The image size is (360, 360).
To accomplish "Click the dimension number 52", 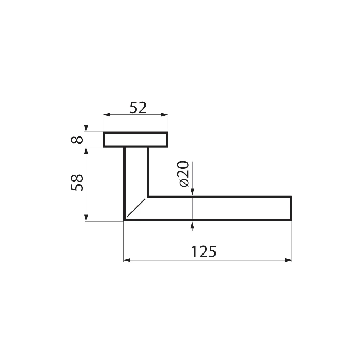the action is coord(138,108).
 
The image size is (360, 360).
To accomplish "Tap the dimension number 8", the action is coord(77,140).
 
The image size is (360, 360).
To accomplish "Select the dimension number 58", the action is coord(77,182).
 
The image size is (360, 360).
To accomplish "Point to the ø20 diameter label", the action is coord(183,174).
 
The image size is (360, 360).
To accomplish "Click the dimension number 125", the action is coord(204,252).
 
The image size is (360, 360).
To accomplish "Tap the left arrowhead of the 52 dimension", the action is coord(107,115).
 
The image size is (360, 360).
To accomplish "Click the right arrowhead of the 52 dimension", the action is coord(165,115).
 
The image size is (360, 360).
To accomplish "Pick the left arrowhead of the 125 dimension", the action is coord(127,260).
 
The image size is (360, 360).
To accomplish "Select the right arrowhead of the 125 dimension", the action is coord(288,260).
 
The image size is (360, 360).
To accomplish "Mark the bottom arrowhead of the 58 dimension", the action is coord(86,218).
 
